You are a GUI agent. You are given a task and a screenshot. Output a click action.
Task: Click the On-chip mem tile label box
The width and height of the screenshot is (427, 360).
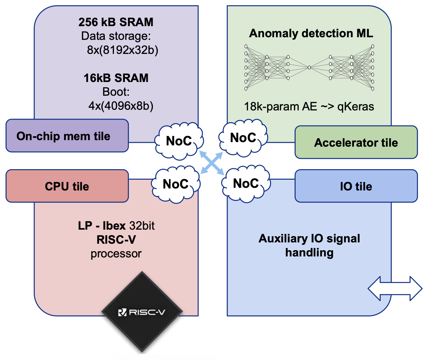[67, 136]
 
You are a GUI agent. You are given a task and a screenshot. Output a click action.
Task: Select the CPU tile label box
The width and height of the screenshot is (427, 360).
[67, 186]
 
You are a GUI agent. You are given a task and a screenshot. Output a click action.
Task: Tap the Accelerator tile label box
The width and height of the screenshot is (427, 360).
[356, 142]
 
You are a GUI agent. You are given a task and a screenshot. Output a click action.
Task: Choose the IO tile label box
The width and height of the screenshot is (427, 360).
[356, 186]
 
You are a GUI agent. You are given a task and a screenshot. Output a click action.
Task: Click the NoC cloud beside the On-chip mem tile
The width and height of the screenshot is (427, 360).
[179, 141]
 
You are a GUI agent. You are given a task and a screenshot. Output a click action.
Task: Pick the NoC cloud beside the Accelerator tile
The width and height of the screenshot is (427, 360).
[243, 138]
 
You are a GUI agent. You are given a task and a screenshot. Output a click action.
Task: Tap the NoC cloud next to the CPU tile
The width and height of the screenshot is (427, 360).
[176, 184]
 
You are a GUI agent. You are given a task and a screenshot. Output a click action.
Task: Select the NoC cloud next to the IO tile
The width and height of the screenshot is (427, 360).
[246, 184]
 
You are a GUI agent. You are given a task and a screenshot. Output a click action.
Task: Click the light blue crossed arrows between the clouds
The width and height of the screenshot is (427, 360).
[212, 163]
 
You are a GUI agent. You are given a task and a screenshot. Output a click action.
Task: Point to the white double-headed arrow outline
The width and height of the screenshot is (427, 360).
[395, 288]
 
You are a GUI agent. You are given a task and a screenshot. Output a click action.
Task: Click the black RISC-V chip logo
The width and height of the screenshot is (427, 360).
[142, 312]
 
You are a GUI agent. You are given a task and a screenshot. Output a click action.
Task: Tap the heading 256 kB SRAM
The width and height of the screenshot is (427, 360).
[116, 22]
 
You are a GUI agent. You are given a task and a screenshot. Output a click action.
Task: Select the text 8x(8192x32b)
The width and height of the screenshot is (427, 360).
[123, 50]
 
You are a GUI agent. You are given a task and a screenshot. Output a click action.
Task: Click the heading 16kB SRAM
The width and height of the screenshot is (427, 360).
[116, 78]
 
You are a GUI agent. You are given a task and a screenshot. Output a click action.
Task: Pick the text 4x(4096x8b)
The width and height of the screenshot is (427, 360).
[121, 106]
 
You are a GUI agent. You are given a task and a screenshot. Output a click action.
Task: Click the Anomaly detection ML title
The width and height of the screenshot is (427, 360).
[311, 33]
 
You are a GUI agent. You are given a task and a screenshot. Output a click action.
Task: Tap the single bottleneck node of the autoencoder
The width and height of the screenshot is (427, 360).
[309, 67]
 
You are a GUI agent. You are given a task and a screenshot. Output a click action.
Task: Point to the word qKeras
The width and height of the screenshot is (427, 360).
[356, 106]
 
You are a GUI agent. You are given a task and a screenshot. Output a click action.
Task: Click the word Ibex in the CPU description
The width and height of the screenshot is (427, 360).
[114, 225]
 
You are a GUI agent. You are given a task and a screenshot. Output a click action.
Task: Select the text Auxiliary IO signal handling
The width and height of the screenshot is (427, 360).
[309, 245]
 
